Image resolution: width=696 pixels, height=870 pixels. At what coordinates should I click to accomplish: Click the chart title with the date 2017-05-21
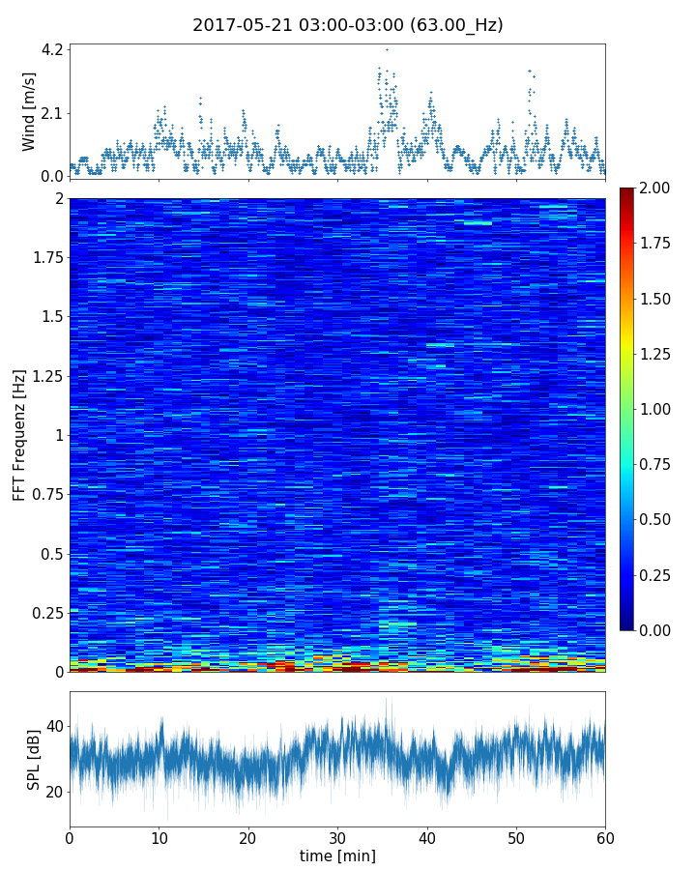click(x=347, y=25)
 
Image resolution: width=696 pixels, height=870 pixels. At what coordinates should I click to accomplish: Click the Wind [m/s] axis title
click(x=29, y=111)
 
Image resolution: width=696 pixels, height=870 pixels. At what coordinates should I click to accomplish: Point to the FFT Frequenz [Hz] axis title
click(x=19, y=435)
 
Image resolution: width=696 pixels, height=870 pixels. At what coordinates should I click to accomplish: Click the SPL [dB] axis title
click(x=34, y=759)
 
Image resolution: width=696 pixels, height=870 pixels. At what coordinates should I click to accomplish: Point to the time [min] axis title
click(x=337, y=855)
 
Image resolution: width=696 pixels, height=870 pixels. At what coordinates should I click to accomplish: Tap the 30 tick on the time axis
click(x=337, y=836)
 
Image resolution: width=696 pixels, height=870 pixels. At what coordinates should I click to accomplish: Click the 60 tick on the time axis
click(x=605, y=836)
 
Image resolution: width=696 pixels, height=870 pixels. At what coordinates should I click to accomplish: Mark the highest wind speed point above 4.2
click(x=387, y=49)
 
